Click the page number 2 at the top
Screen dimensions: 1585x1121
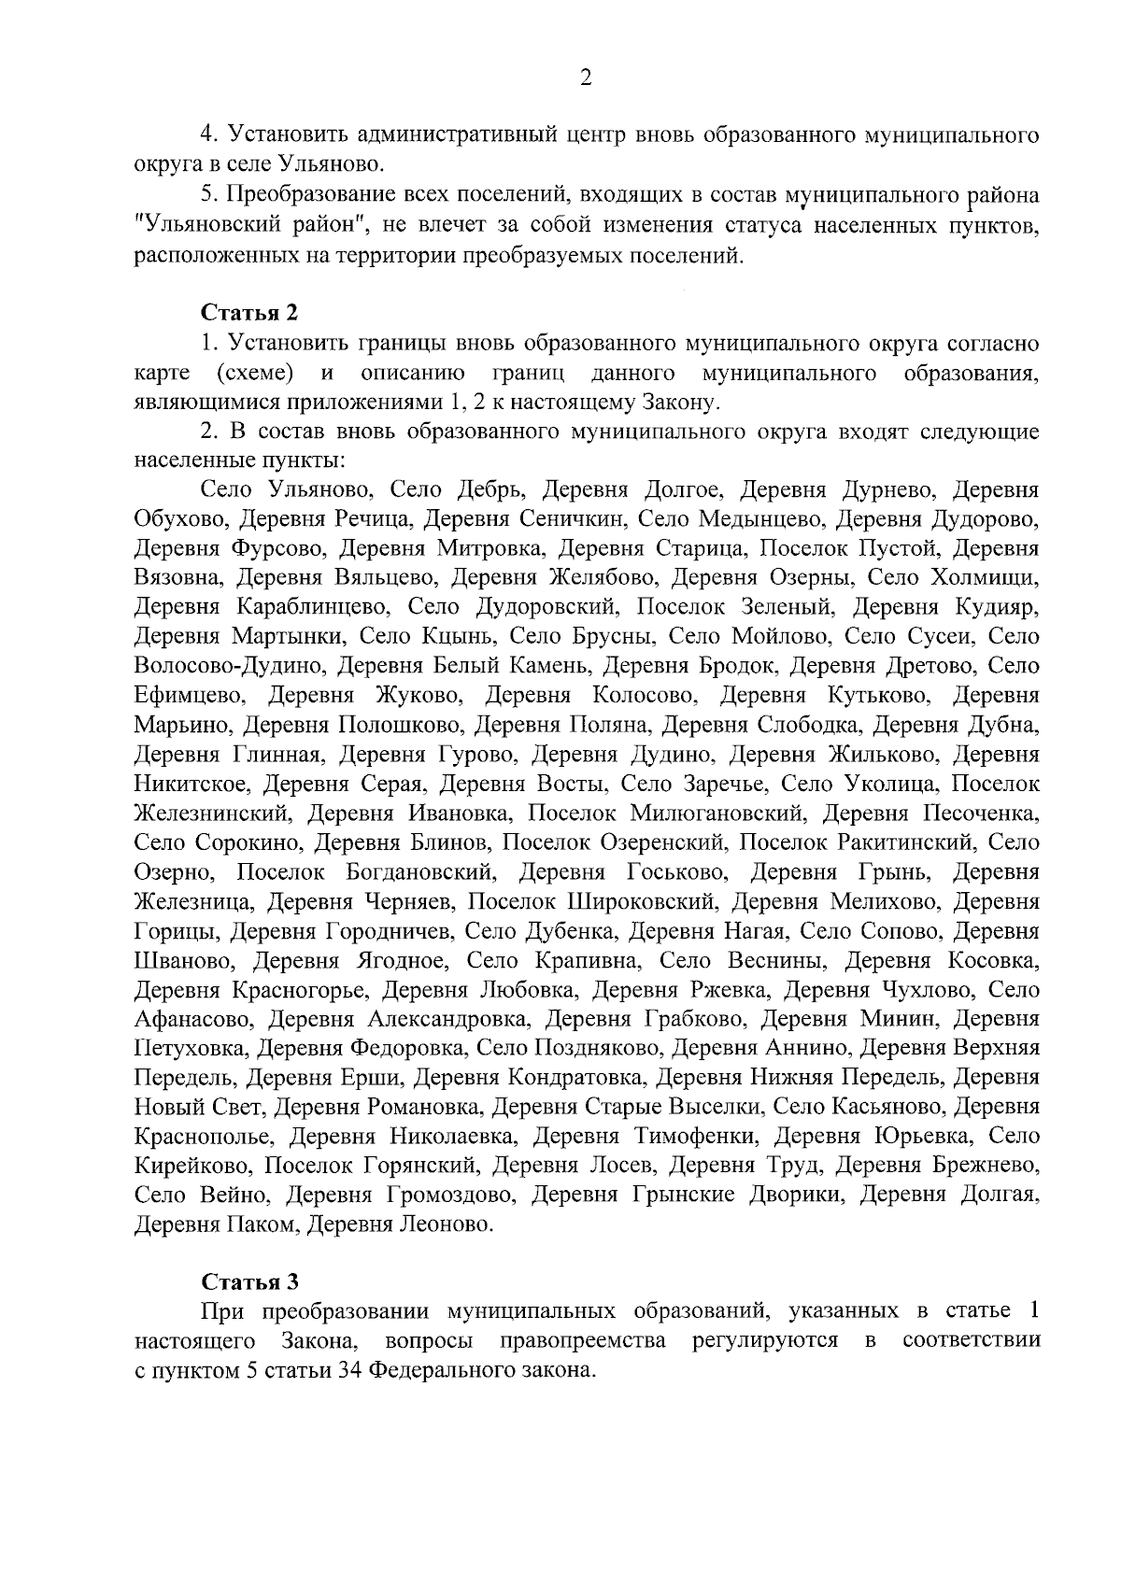(586, 78)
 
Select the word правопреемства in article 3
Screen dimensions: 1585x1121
(583, 1341)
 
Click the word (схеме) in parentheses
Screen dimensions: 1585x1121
(255, 374)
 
